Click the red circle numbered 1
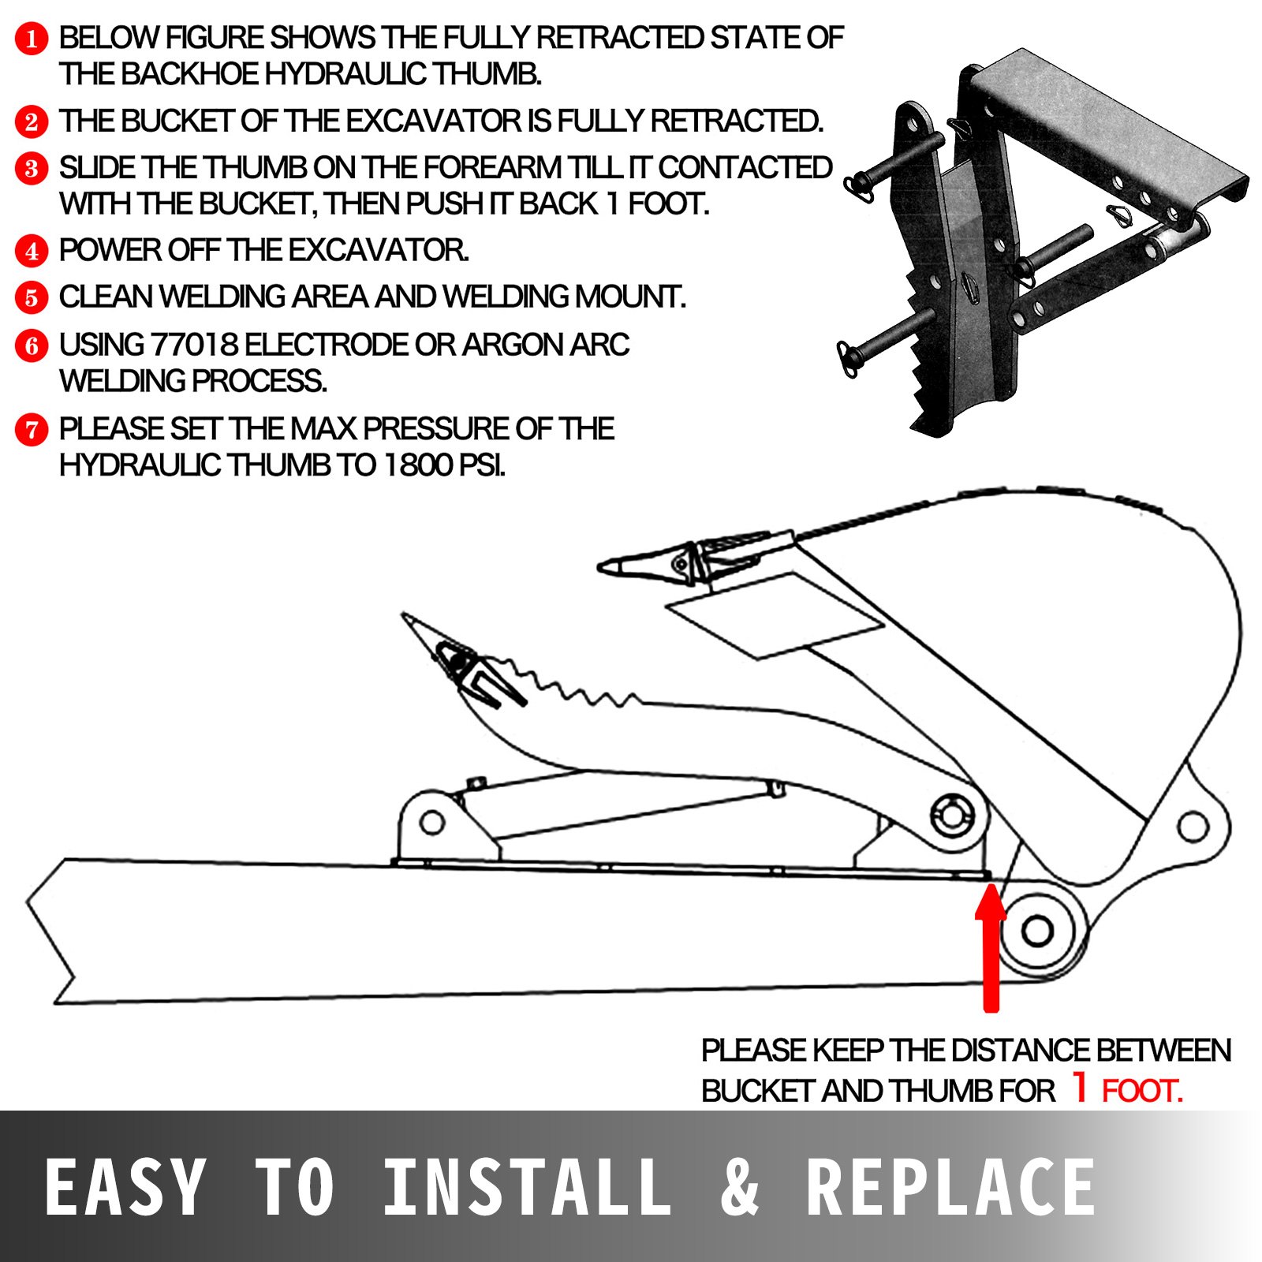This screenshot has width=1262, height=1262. (32, 38)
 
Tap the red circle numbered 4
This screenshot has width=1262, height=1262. (32, 251)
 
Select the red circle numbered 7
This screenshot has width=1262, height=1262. (32, 430)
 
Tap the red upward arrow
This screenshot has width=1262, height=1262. (991, 946)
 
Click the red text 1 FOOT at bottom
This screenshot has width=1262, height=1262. (1128, 1090)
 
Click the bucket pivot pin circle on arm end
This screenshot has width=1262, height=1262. (1036, 931)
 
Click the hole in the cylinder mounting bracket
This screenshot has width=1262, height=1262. (431, 823)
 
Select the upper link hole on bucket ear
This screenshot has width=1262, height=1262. (1192, 827)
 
